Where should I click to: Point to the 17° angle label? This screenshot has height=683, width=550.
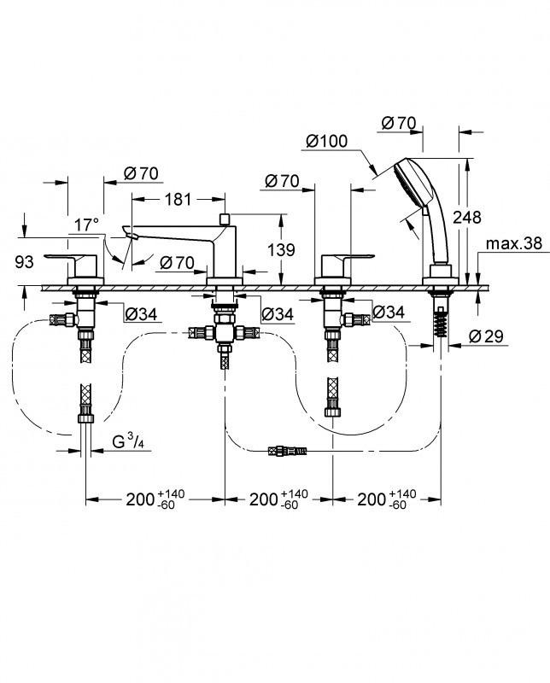[x=86, y=225]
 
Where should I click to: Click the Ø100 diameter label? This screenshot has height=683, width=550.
[x=325, y=141]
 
